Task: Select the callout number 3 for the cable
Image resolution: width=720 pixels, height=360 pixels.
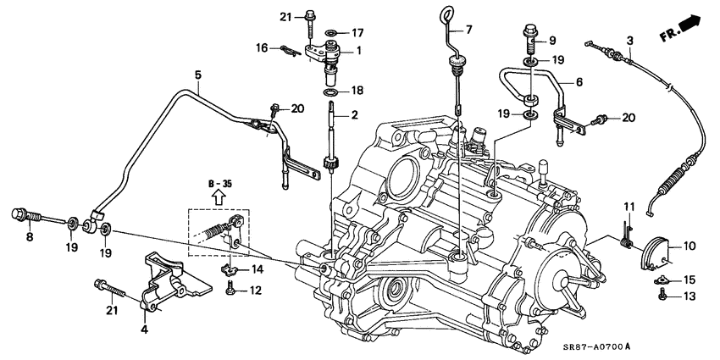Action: click(629, 41)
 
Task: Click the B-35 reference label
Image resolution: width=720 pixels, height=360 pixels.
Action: click(219, 183)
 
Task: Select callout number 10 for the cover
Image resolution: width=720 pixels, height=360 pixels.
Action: click(690, 246)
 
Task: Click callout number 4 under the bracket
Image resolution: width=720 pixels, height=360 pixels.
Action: click(145, 329)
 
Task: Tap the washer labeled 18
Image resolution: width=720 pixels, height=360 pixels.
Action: click(331, 90)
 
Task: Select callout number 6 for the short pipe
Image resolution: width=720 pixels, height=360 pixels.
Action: click(579, 82)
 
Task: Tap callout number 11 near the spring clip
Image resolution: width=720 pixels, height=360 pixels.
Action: click(629, 207)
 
